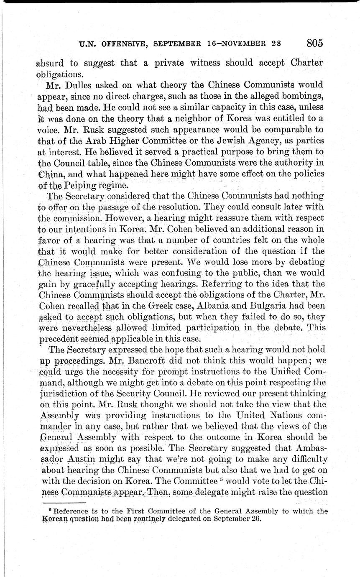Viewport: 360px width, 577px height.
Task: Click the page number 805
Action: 315,43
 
